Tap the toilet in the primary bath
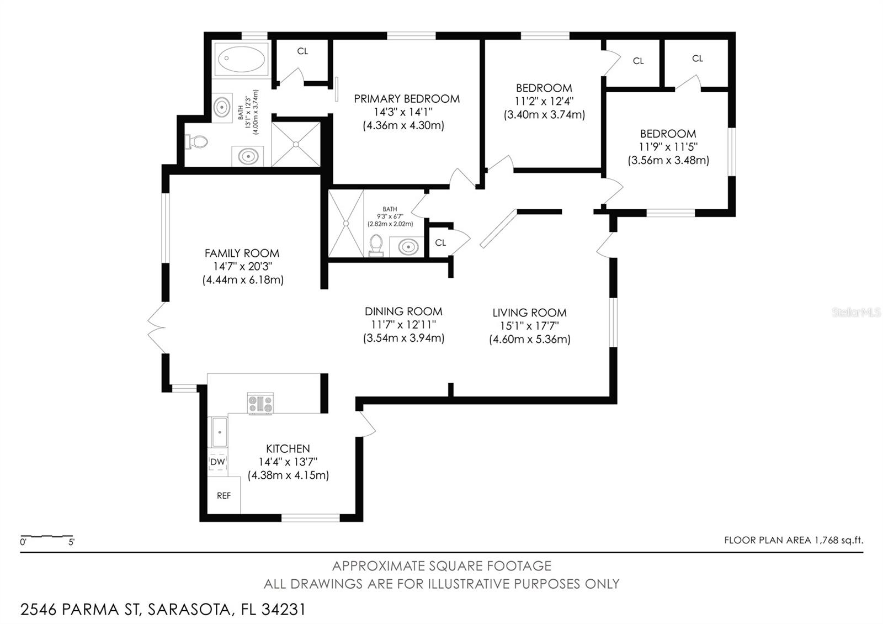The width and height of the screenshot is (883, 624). pyautogui.click(x=197, y=142)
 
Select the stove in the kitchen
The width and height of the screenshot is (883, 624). pyautogui.click(x=260, y=403)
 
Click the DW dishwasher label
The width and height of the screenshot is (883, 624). pyautogui.click(x=217, y=462)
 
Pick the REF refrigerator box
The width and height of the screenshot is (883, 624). pyautogui.click(x=224, y=495)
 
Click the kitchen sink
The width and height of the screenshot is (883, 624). pyautogui.click(x=220, y=432)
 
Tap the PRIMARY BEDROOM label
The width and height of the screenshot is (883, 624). pyautogui.click(x=407, y=99)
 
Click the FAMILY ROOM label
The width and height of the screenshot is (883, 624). pyautogui.click(x=242, y=253)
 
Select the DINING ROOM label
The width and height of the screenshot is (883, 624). pyautogui.click(x=403, y=311)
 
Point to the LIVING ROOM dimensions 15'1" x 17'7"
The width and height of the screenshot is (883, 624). pyautogui.click(x=529, y=326)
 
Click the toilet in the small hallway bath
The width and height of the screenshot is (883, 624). pyautogui.click(x=376, y=245)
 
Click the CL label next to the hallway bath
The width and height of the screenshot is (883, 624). pyautogui.click(x=440, y=242)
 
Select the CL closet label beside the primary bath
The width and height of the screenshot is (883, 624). pyautogui.click(x=302, y=51)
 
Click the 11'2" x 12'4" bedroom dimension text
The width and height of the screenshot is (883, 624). pyautogui.click(x=544, y=101)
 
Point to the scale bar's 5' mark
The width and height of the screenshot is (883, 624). pyautogui.click(x=72, y=542)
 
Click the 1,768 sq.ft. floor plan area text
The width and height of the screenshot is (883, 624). pyautogui.click(x=838, y=540)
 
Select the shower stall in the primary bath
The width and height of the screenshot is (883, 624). pyautogui.click(x=296, y=144)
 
